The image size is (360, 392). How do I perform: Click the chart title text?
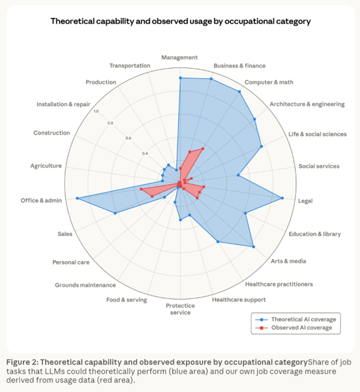pyautogui.click(x=181, y=21)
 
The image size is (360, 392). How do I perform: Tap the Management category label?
pyautogui.click(x=179, y=58)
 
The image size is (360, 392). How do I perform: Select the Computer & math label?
pyautogui.click(x=269, y=82)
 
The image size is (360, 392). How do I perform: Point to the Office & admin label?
pyautogui.click(x=40, y=201)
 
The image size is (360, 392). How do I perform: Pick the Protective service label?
pyautogui.click(x=180, y=309)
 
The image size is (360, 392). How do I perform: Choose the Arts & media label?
pyautogui.click(x=288, y=261)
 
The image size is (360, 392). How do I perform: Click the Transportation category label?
pyautogui.click(x=130, y=66)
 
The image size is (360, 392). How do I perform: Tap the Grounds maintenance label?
pyautogui.click(x=85, y=285)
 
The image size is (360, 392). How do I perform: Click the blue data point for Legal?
pyautogui.click(x=282, y=198)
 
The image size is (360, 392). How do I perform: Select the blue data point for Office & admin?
pyautogui.click(x=77, y=199)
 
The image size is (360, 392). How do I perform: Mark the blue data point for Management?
pyautogui.click(x=180, y=77)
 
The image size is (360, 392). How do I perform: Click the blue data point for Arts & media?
pyautogui.click(x=253, y=247)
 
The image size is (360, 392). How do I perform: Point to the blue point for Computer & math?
pyautogui.click(x=239, y=91)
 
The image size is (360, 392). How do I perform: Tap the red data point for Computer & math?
pyautogui.click(x=202, y=149)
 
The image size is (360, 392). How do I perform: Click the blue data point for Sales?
pyautogui.click(x=115, y=213)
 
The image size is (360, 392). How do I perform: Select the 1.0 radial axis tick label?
pyautogui.click(x=96, y=111)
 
